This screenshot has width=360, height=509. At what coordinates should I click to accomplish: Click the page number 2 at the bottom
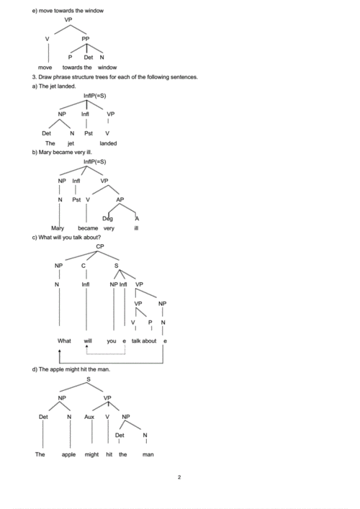click(179, 477)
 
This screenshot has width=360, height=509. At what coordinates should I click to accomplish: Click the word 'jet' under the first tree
click(71, 143)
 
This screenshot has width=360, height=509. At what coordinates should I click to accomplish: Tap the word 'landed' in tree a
click(108, 143)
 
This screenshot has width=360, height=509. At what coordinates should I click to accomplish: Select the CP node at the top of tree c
click(100, 246)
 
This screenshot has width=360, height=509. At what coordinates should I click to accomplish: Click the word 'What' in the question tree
click(64, 341)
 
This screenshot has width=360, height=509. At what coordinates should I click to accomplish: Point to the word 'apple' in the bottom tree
click(68, 454)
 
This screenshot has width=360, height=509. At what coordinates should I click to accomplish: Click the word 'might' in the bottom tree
click(91, 454)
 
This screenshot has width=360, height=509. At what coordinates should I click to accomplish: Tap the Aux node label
click(89, 417)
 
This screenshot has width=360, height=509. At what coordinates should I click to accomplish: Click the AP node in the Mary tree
click(120, 199)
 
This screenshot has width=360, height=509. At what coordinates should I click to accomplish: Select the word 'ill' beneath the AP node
click(136, 228)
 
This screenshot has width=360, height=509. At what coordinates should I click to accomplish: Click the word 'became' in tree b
click(88, 228)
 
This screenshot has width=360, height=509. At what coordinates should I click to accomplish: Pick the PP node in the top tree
click(86, 39)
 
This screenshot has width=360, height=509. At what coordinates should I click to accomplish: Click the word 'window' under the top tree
click(107, 66)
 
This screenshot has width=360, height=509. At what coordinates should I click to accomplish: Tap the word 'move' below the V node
click(45, 66)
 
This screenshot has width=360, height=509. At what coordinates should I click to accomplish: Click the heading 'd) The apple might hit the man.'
click(71, 369)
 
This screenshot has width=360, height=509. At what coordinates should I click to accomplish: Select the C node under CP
click(84, 266)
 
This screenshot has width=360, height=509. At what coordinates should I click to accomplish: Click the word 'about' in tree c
click(149, 341)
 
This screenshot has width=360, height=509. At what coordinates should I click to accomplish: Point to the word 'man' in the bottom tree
click(148, 454)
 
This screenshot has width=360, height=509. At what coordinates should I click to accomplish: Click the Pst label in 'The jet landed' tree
click(89, 132)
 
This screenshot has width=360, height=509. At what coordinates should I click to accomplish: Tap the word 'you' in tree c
click(111, 341)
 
